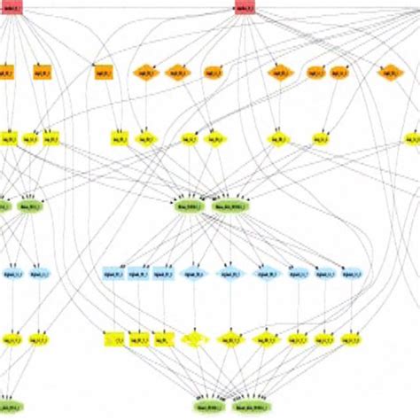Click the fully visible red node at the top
(245, 9)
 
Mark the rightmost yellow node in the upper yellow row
(412, 139)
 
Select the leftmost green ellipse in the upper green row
(3, 206)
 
